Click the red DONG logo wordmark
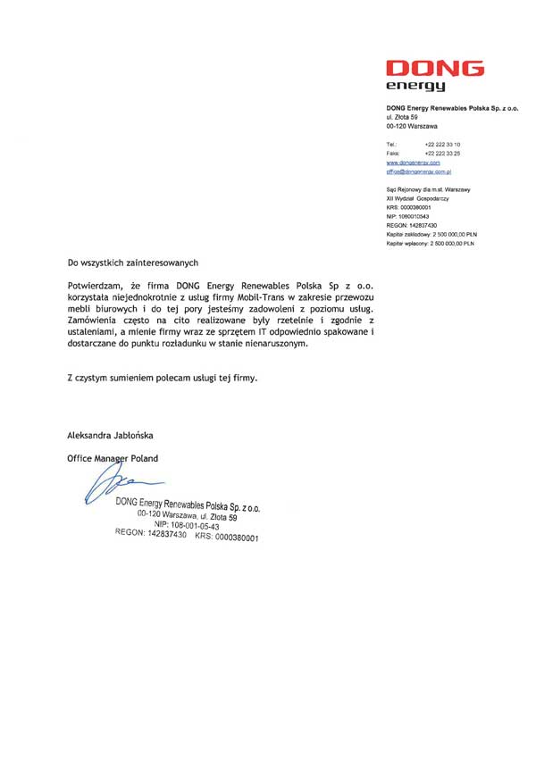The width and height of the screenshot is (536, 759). click(x=435, y=69)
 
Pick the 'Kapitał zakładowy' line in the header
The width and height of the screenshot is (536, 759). click(x=431, y=234)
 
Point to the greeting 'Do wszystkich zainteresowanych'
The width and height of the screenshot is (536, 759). click(x=132, y=263)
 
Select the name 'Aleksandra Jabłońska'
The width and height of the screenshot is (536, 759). click(x=111, y=436)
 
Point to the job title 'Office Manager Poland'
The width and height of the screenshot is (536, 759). click(x=113, y=458)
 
